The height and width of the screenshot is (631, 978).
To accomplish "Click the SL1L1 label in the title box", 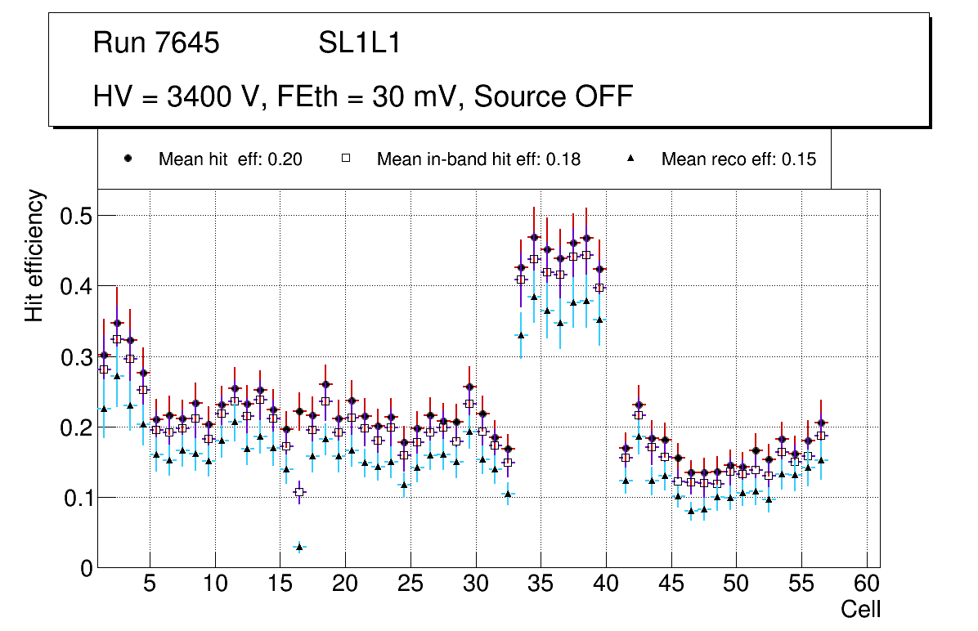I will coord(359,43).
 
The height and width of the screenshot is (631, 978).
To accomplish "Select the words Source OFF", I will coord(554,96).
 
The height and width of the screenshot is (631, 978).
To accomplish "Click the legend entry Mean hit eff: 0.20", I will coord(231,159).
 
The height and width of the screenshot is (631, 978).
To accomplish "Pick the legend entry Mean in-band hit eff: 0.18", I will coord(478,159).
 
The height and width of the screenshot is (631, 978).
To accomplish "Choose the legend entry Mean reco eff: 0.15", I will coord(738,159).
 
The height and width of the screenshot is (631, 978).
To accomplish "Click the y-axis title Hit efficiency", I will coord(34,255).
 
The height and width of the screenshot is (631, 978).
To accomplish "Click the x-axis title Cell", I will coord(861,609).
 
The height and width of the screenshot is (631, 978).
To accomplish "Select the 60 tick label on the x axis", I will coord(866,585).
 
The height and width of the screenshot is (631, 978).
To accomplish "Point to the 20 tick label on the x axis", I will coord(344,585).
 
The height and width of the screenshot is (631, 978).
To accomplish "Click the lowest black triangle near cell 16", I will coord(299,547).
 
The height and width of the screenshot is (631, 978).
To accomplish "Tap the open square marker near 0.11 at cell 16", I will coord(299,492).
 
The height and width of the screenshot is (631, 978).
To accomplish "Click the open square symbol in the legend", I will coord(345,159).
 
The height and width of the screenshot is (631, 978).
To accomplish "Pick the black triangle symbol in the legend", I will coord(630,159).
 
